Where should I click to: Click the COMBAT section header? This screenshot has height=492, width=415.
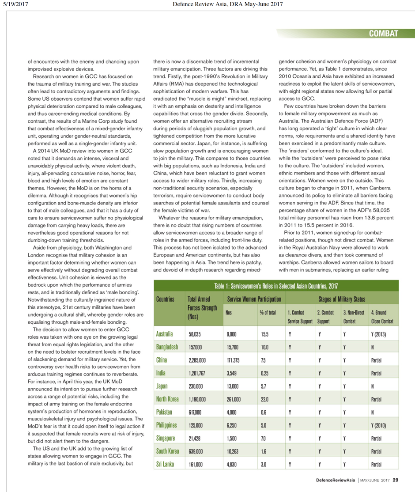(383, 34)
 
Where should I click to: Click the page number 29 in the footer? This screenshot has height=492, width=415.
(396, 480)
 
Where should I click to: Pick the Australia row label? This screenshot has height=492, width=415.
(165, 334)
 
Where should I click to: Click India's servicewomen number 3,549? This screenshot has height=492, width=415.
(232, 374)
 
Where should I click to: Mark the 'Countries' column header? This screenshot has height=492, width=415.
(165, 299)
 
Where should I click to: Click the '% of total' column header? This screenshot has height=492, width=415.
(268, 312)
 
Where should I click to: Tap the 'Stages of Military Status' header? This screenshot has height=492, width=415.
(341, 299)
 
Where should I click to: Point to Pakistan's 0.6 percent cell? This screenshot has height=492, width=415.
(264, 413)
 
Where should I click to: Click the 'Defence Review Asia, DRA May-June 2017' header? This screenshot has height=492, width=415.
(227, 4)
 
